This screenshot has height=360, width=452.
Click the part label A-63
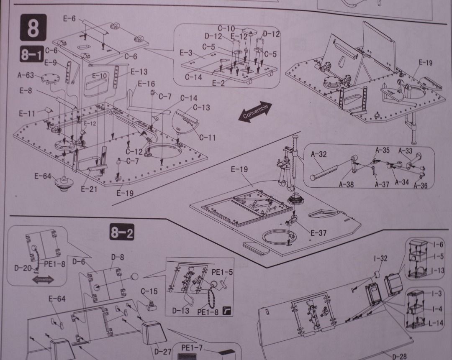26,76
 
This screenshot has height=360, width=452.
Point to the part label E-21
89,189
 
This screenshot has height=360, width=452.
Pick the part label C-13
202,107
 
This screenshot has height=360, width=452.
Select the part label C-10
225,28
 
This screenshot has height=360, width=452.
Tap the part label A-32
319,154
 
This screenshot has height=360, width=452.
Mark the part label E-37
318,233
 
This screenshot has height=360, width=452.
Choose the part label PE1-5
222,272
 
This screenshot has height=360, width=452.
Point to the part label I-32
380,258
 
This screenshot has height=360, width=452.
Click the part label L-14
436,323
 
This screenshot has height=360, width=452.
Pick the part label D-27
162,352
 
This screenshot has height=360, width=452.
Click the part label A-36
421,186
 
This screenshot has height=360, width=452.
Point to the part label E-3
186,53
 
